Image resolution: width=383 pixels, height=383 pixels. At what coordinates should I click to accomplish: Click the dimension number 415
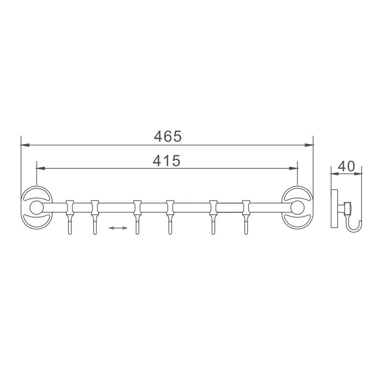pos(166,161)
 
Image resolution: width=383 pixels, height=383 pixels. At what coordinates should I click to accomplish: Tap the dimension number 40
pos(346,166)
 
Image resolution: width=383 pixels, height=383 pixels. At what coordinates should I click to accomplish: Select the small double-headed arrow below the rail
pos(118,228)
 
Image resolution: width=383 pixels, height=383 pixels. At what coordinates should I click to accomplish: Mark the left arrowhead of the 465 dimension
pos(24,144)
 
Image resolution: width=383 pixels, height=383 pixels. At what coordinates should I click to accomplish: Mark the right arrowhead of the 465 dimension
pos(309,144)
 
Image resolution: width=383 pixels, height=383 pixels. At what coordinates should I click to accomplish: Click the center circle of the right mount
pos(297,208)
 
